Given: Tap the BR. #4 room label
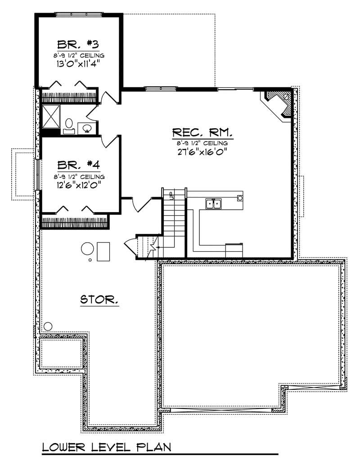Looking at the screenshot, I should pos(78,164).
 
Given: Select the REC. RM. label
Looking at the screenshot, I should pos(202,133).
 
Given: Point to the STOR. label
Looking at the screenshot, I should pos(99,299).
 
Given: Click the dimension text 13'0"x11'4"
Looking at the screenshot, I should pos(78,63).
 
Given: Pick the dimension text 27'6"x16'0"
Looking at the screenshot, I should pos(202,152).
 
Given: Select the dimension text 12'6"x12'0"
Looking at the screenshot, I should pos(78,184).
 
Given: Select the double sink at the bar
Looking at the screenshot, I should pos(213,204).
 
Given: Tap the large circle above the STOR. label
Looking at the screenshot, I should pos(87,249).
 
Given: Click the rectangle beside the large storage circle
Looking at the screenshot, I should pos(103,251).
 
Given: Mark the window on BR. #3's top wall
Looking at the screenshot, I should pos(78,14).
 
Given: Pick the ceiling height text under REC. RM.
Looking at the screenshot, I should pos(202,143).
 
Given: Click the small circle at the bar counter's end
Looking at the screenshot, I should pos(240,198).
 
